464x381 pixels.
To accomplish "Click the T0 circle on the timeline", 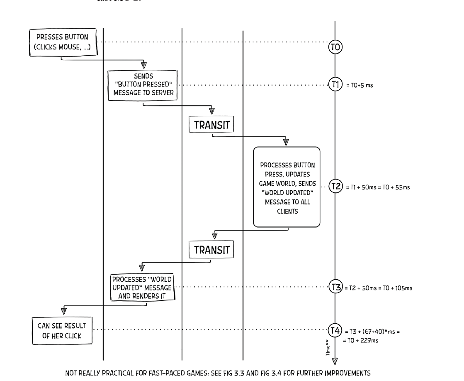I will click(335, 47).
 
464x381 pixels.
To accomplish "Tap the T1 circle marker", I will click(335, 85).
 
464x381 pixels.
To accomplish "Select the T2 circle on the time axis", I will click(335, 187).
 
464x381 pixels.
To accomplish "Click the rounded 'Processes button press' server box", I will click(287, 187).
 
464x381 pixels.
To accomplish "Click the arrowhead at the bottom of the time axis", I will click(335, 360).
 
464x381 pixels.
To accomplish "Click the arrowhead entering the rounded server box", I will click(286, 142).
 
